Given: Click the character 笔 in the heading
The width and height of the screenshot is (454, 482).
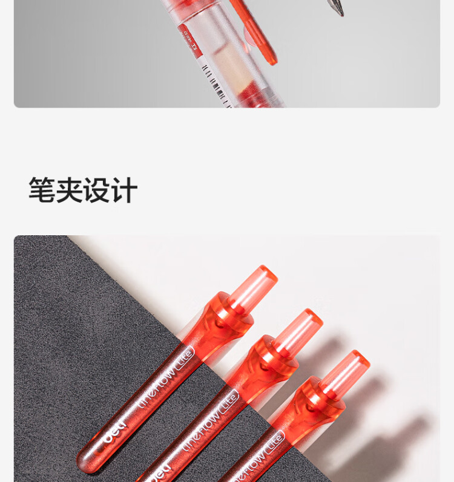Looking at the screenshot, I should [42, 191].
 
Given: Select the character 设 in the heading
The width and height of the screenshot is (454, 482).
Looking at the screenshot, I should [97, 191].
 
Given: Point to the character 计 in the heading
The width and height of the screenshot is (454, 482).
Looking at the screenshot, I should [124, 191].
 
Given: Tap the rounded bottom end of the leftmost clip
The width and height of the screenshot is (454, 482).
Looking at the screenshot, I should [88, 463].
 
